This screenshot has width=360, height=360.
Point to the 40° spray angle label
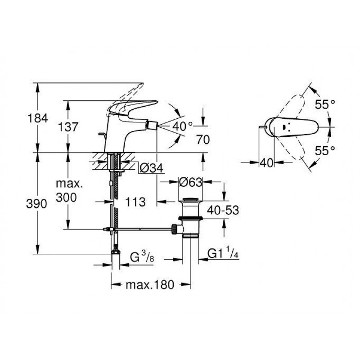click(x=183, y=126)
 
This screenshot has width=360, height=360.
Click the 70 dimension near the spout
click(x=203, y=140)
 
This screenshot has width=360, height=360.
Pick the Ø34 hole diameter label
click(x=151, y=168)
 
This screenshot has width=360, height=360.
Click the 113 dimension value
click(x=135, y=202)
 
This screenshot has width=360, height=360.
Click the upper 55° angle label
click(x=325, y=105)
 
